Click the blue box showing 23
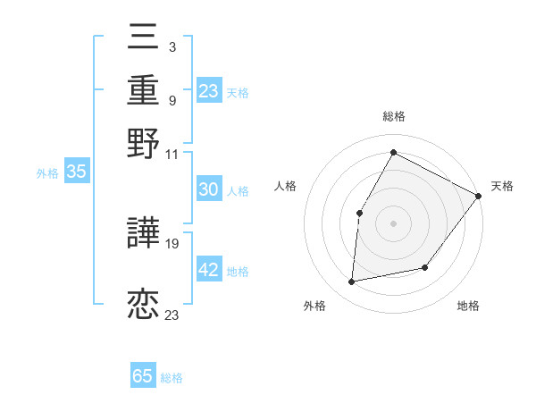point(209,91)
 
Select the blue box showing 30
point(209,189)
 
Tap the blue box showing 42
point(209,270)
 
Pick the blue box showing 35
point(76,172)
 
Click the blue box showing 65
point(143,376)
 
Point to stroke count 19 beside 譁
point(172,243)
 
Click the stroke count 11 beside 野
point(172,154)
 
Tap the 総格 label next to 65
point(172,378)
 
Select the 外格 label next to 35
point(46,173)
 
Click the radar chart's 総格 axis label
point(394,117)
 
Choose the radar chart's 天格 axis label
point(502,186)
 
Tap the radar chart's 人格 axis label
point(285,186)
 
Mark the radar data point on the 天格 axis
point(478,196)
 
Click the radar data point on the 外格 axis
point(353,282)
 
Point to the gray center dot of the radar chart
point(394,223)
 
